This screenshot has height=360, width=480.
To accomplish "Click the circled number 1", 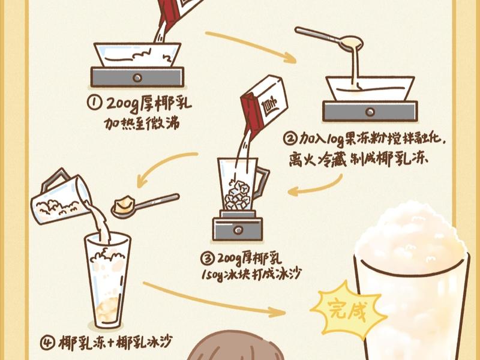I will click(x=95, y=103).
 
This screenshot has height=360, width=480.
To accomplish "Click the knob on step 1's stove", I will click(x=137, y=77).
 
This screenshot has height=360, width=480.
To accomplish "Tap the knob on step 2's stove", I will click(x=369, y=111).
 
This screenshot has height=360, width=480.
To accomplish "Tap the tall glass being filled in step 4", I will click(x=107, y=282).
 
